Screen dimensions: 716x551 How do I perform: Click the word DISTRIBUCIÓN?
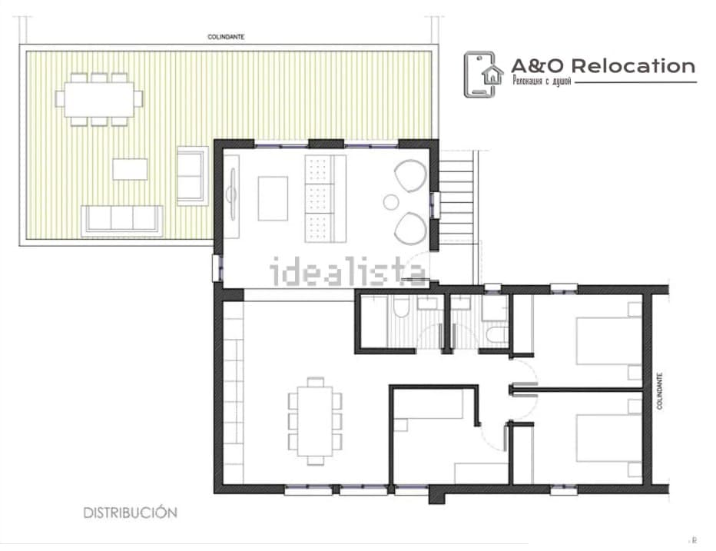(130, 513)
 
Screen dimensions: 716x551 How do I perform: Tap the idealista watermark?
(348, 271)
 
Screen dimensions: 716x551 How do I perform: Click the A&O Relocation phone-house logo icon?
(483, 75)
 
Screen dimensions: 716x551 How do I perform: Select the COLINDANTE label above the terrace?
(226, 37)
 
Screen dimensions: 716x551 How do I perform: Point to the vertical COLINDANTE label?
(659, 391)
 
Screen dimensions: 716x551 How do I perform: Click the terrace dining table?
(99, 99)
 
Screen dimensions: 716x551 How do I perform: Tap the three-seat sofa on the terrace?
(122, 221)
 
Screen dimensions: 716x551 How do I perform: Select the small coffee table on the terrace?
(130, 169)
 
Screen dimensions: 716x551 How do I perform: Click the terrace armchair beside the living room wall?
(193, 176)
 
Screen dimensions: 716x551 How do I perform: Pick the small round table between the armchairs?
(391, 202)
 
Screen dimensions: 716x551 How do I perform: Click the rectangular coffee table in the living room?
(273, 199)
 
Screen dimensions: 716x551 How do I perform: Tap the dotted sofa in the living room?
(325, 199)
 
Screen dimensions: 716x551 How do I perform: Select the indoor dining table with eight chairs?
(315, 421)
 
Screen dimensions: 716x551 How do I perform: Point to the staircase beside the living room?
(456, 202)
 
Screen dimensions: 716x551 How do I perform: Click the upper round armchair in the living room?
(410, 176)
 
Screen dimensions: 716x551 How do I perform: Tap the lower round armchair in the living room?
(410, 228)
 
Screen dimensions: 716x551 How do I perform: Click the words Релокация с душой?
(542, 81)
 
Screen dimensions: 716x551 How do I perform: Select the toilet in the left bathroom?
(401, 307)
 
